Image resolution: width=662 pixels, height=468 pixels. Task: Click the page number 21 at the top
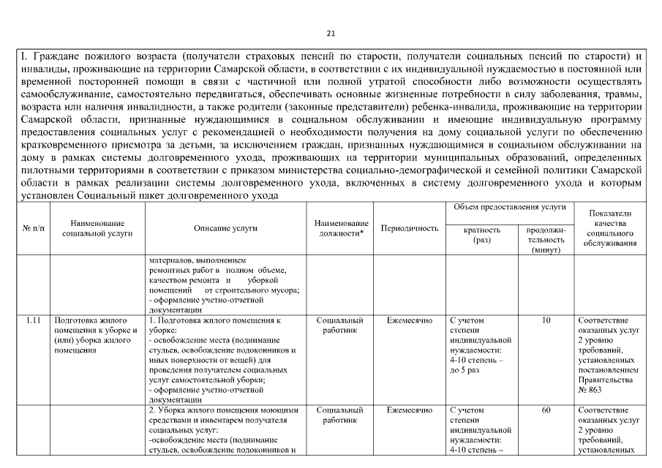click(x=330, y=34)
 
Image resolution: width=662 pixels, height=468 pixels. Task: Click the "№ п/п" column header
click(x=33, y=228)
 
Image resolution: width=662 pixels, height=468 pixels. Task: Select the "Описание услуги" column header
click(x=225, y=228)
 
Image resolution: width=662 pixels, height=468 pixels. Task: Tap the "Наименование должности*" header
click(x=340, y=228)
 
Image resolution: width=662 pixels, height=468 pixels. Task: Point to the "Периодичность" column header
click(x=410, y=228)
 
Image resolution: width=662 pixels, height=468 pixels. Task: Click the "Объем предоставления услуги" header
click(x=509, y=208)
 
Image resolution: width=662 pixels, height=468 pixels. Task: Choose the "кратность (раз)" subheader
click(x=482, y=235)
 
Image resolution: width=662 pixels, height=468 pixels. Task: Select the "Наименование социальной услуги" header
click(x=97, y=228)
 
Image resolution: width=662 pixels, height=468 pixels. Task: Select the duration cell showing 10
click(x=546, y=320)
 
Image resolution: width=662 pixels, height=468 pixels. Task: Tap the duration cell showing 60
click(x=546, y=410)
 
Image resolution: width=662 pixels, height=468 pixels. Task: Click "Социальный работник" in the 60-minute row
click(x=340, y=415)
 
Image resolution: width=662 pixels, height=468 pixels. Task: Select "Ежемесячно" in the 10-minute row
click(x=410, y=320)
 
